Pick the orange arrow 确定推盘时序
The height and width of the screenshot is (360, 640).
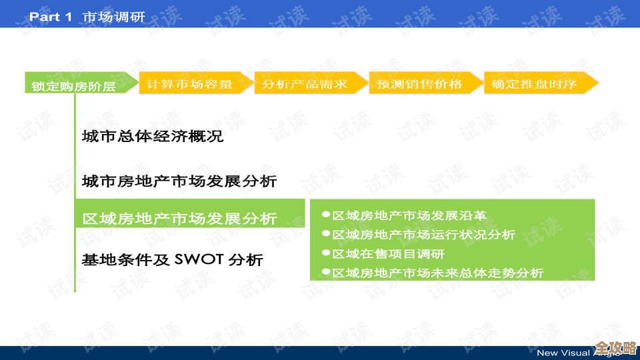(536, 83)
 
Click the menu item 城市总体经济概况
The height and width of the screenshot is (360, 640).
(152, 137)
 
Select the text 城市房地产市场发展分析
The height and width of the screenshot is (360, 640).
(179, 181)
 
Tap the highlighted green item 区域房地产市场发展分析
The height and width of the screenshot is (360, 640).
(179, 218)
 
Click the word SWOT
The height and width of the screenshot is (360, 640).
(199, 259)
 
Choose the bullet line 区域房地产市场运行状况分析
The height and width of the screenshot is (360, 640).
(423, 235)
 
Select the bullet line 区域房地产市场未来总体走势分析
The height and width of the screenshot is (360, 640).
(437, 273)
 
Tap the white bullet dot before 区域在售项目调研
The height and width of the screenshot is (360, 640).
(326, 253)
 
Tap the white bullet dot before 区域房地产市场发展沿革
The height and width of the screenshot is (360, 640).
(326, 215)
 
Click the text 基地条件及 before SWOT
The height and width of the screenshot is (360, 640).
(125, 259)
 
